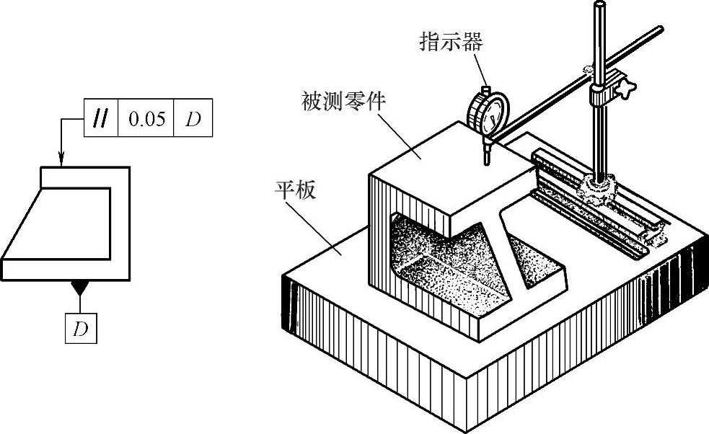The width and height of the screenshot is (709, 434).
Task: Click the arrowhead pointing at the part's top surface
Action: [61, 162]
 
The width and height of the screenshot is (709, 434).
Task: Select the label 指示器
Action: [451, 42]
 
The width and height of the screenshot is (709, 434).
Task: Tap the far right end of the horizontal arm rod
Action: [658, 30]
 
